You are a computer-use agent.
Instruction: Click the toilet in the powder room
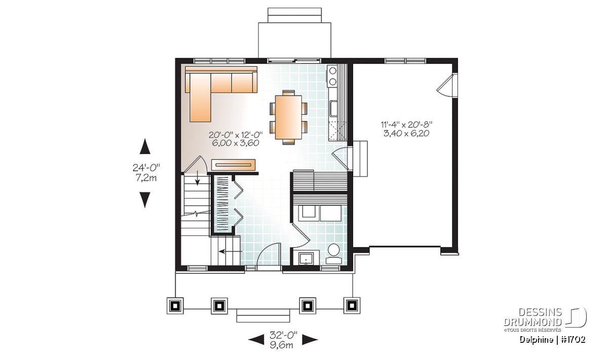(x=333, y=254)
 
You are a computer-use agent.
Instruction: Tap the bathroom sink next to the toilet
(x=306, y=259)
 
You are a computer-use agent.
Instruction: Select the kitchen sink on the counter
(x=333, y=108)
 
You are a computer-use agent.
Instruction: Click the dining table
(x=288, y=117)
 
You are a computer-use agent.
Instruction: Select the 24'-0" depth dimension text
(x=146, y=168)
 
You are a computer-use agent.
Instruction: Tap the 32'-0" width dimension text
(x=283, y=335)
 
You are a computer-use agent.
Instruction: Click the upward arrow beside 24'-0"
(x=145, y=146)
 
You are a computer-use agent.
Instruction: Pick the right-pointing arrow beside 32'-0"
(x=310, y=340)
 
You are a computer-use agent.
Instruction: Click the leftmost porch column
(x=175, y=306)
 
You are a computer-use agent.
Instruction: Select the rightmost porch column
(x=352, y=306)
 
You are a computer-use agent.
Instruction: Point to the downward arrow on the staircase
(x=197, y=179)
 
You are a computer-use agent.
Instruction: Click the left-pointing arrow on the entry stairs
(x=231, y=252)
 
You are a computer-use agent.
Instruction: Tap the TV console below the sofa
(x=234, y=165)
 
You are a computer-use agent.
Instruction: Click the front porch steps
(x=263, y=315)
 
